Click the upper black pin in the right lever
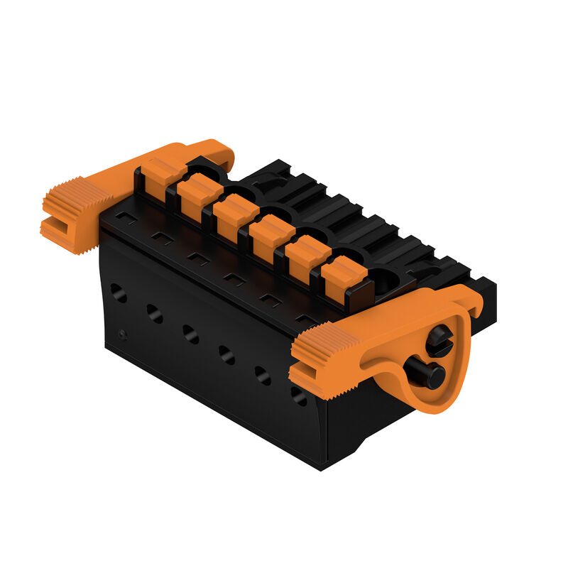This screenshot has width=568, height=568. click(x=439, y=341)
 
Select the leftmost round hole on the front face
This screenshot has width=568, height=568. click(x=119, y=292)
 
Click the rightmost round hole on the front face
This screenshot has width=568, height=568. click(x=299, y=395)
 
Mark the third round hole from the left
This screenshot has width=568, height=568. click(x=190, y=333)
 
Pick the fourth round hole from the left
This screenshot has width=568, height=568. click(x=226, y=354)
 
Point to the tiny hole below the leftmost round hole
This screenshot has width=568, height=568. click(x=124, y=334)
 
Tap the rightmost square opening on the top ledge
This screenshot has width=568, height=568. click(x=305, y=320)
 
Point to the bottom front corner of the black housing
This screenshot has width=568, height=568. click(x=321, y=469)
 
